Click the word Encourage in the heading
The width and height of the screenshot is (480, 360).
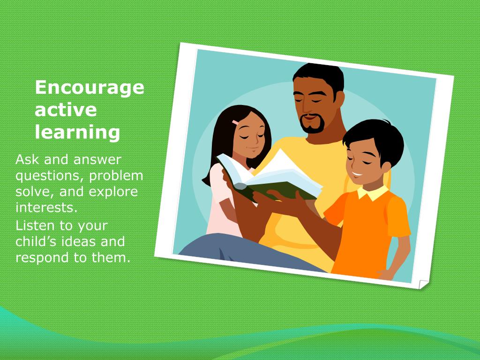[x=90, y=88]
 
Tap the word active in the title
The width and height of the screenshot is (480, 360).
[x=66, y=110]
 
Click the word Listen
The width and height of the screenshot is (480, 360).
[x=35, y=225]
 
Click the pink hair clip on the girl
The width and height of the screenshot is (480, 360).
[x=235, y=122]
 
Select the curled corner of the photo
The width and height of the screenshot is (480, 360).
[x=423, y=284]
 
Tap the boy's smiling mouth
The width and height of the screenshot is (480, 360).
[x=357, y=176]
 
